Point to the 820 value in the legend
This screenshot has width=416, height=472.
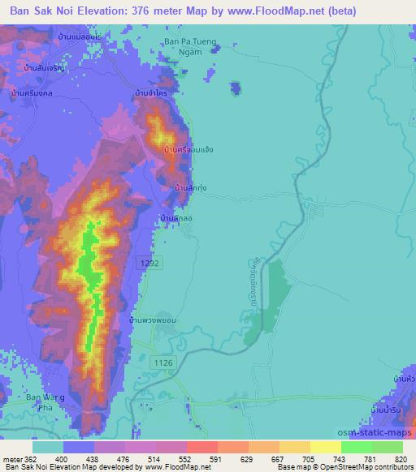coord(401,459)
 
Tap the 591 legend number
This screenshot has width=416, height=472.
coord(217,459)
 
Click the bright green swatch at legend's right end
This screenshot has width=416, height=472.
coord(387,447)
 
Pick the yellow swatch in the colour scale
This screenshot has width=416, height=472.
coord(325,447)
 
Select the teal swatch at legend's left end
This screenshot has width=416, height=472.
coord(48,447)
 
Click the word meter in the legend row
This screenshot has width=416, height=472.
coord(10,459)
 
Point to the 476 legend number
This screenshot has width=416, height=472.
coord(124,459)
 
